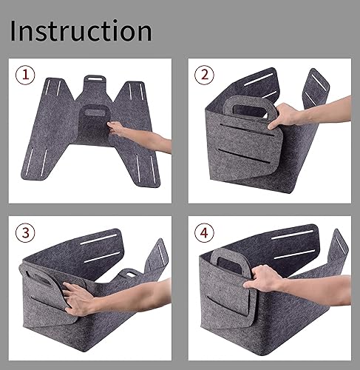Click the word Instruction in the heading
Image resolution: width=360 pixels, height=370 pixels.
pos(81,30)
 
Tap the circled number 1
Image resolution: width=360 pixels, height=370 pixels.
pos(27,74)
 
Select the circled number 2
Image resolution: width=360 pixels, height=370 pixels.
pos(204,74)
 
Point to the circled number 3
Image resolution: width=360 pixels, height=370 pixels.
pos(27,232)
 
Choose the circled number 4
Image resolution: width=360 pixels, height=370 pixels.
pos(204,232)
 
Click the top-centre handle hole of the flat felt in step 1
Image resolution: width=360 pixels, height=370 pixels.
pos(95,76)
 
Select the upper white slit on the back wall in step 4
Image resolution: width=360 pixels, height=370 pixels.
pos(296,236)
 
